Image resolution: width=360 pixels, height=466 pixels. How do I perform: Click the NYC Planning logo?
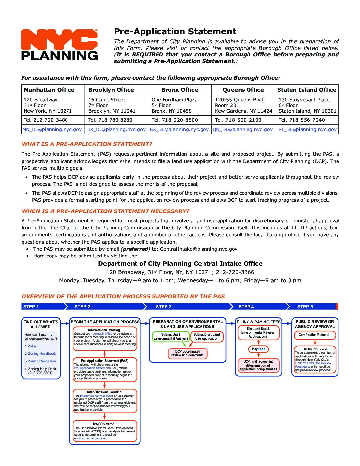point(59,45)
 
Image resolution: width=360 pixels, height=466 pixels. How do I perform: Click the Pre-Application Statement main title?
point(175,32)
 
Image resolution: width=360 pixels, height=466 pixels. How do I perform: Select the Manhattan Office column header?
point(49,90)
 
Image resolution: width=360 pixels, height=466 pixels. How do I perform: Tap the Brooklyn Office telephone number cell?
point(110,120)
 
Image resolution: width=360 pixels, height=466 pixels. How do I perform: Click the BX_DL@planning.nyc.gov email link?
point(179,129)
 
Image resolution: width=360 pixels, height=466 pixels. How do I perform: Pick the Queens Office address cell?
point(243,105)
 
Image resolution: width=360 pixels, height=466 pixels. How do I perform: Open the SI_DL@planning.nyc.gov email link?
point(307,129)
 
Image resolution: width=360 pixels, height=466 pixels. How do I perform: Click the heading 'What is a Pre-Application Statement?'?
point(87,144)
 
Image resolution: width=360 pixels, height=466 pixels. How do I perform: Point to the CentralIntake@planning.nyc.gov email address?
point(199,249)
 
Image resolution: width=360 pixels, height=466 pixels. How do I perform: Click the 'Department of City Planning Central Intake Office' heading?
point(180,264)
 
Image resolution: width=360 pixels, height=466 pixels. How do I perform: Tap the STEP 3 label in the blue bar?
point(163,307)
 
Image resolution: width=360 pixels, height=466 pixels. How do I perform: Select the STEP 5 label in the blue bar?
point(305,307)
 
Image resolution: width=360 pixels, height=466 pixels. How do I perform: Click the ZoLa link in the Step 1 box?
point(32,346)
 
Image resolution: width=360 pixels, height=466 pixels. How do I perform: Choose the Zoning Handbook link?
point(42,353)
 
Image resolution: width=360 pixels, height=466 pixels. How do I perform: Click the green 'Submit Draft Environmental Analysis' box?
point(171,336)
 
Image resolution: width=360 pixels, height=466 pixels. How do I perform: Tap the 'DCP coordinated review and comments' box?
point(188,353)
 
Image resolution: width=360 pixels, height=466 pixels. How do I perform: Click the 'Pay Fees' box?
point(259,349)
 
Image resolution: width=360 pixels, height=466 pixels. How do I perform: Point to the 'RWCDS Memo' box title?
point(104,424)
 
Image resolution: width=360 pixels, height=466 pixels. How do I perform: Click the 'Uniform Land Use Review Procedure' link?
point(313,363)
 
